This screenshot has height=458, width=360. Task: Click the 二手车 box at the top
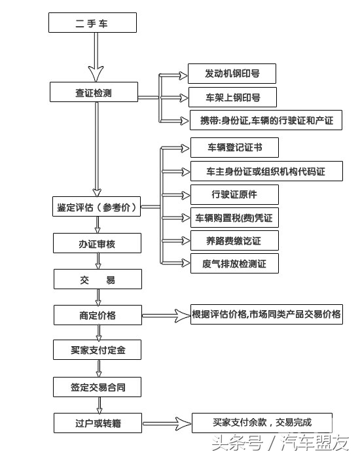92,23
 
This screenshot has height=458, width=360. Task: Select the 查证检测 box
94,92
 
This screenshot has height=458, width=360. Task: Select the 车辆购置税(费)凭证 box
234,217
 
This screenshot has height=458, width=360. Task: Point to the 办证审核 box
97,244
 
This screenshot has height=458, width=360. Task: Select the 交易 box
97,279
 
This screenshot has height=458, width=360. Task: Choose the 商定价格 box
97,315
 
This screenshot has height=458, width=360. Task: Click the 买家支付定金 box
97,350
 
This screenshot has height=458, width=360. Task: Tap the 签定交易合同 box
97,387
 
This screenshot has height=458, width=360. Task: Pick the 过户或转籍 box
97,423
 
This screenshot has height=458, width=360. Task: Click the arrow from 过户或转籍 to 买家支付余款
164,423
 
